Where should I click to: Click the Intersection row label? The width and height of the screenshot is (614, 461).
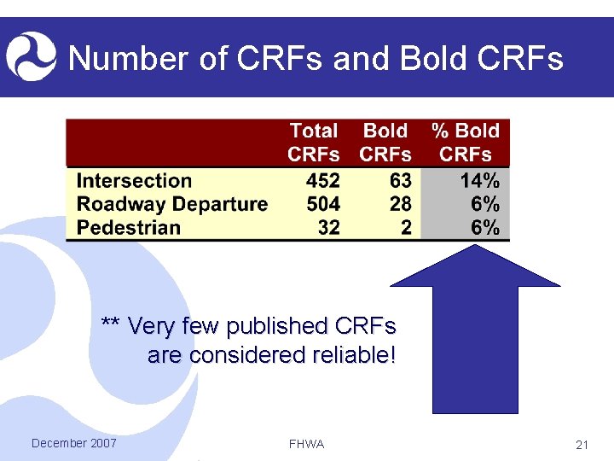tap(134, 181)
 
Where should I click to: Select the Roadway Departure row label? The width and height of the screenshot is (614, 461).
tap(172, 204)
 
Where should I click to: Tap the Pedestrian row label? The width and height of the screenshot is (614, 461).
tap(129, 228)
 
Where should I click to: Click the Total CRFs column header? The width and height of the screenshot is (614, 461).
tap(313, 143)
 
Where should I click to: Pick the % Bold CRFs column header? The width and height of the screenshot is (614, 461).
tap(466, 143)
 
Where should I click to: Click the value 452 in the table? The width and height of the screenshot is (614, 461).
tap(321, 181)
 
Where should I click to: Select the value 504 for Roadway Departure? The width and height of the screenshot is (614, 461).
tap(321, 204)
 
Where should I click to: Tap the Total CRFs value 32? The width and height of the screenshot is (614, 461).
tap(327, 228)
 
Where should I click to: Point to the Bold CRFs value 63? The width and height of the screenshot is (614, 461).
tap(399, 181)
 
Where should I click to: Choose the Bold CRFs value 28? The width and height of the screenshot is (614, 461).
tap(399, 204)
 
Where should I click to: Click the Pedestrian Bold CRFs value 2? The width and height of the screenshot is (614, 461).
tap(405, 228)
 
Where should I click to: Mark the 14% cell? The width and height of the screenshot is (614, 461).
tap(479, 181)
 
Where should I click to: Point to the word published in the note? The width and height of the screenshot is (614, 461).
tap(275, 326)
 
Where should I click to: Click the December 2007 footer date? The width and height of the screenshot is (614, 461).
tap(73, 443)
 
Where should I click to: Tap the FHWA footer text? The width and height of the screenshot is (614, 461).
tap(306, 445)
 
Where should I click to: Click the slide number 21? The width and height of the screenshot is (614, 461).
tap(583, 445)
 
